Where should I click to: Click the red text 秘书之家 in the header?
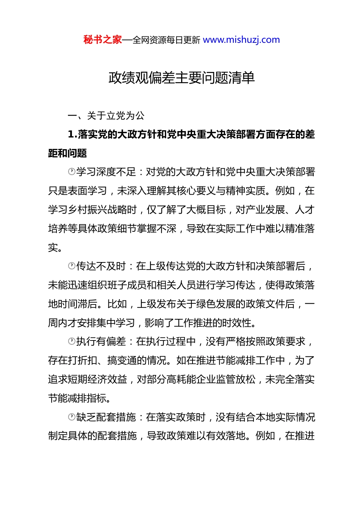point(102,40)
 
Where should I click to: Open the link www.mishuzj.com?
point(241,40)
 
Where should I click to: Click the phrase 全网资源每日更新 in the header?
point(166,40)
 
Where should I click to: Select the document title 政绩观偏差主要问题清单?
point(182,78)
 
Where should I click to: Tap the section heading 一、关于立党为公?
point(106,116)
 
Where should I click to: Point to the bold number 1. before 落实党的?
point(72,134)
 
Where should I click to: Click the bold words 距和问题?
point(67,153)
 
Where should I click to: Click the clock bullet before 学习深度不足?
point(72,172)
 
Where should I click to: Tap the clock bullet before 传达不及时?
point(72,266)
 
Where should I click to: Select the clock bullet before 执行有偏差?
point(72,342)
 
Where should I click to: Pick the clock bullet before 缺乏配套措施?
point(72,417)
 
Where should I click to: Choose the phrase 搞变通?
point(122,361)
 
